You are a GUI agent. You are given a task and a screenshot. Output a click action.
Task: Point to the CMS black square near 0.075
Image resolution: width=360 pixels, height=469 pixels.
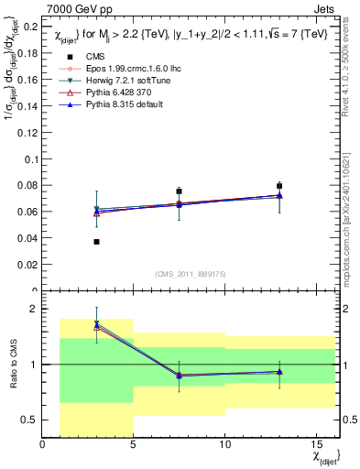[180, 191]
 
